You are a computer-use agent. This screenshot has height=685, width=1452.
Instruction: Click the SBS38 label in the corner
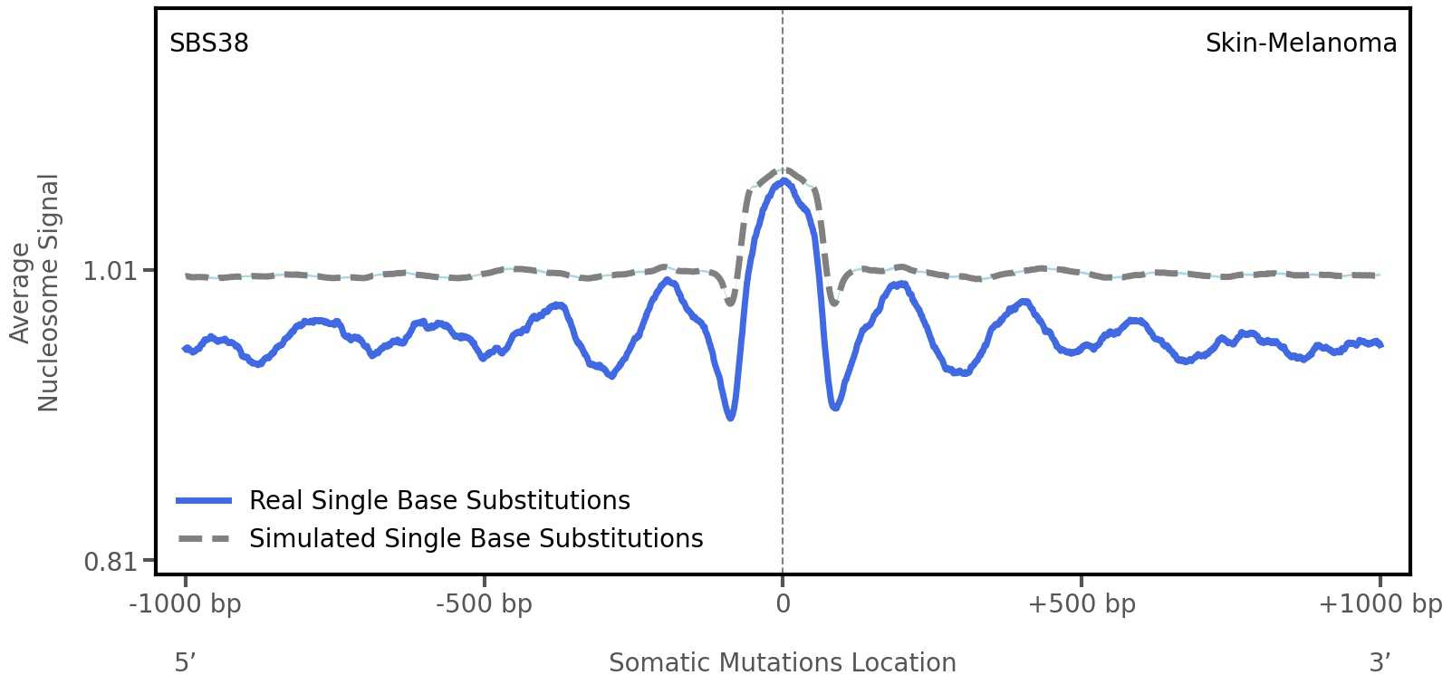(208, 43)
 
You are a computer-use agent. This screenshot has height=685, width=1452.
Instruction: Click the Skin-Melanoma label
(1300, 43)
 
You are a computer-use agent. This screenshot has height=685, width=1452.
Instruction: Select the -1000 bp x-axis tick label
(186, 604)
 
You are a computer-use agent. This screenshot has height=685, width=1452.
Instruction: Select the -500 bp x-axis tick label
(484, 604)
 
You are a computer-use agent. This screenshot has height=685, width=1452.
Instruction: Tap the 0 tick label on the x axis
(783, 604)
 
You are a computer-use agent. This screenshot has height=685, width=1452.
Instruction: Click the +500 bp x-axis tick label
(1081, 604)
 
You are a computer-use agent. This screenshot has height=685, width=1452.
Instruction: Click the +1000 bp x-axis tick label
(1380, 604)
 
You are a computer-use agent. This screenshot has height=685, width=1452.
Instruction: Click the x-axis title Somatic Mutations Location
(782, 663)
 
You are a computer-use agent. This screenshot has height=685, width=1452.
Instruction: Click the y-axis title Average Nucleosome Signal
(34, 292)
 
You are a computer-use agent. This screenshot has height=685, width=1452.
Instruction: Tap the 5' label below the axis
(185, 663)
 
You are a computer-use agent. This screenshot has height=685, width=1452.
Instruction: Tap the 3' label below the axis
(1380, 663)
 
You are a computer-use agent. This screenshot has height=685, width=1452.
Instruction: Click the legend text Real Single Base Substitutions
(439, 501)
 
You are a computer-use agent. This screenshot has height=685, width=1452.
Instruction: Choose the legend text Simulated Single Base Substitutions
(476, 539)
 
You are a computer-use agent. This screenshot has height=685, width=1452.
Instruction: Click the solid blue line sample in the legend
(205, 501)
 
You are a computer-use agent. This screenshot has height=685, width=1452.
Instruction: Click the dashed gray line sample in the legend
(205, 539)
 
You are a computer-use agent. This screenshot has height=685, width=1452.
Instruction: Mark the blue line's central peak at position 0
(784, 181)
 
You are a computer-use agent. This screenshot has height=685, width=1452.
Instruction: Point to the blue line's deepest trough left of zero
(730, 418)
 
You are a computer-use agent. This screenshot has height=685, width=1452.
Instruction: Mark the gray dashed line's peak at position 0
(784, 169)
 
